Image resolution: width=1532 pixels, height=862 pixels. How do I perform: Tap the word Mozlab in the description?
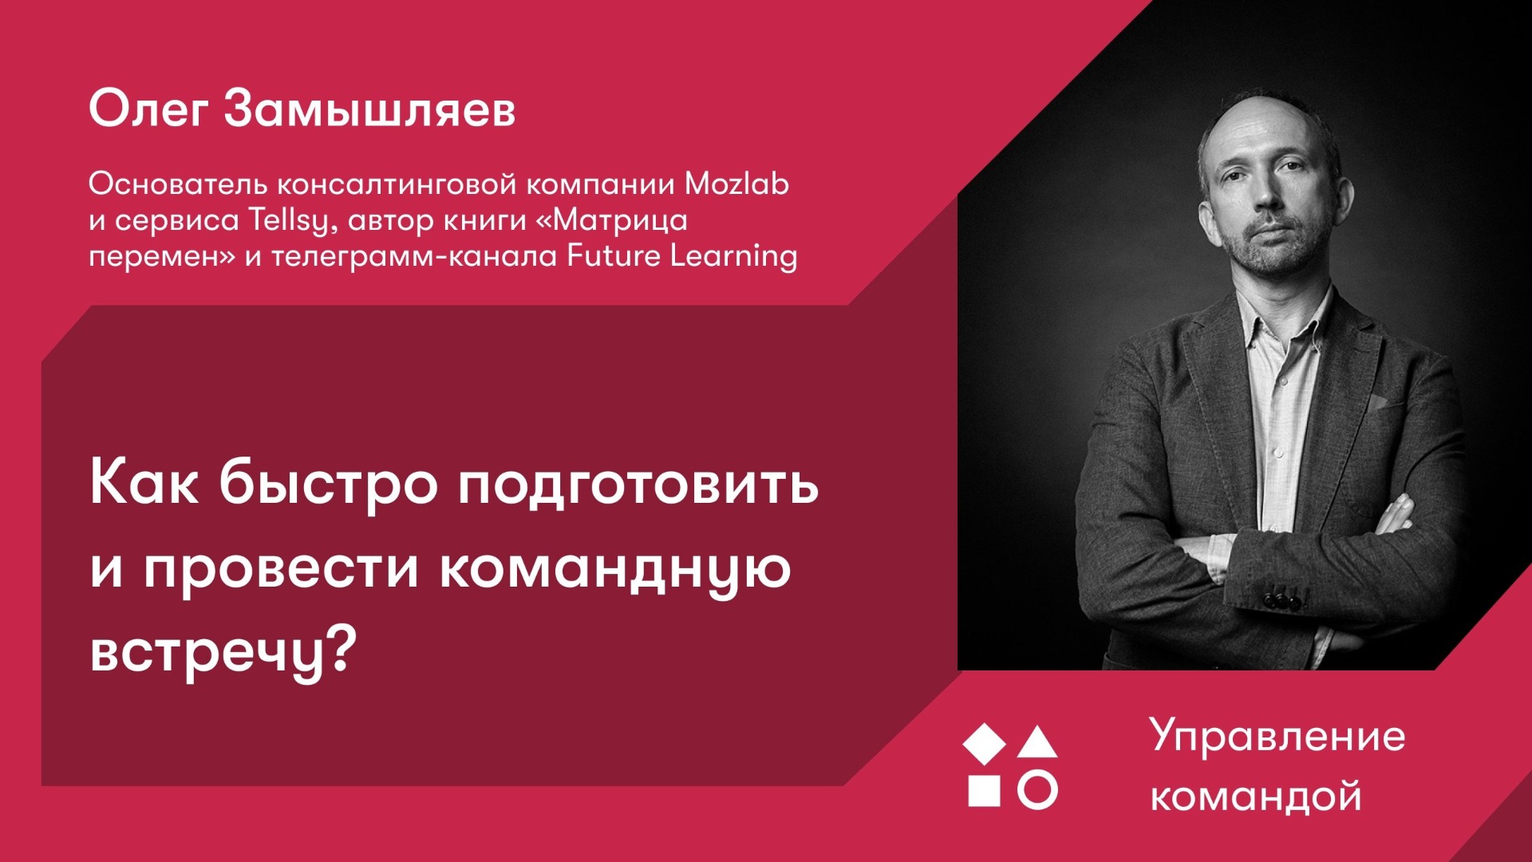tap(736, 184)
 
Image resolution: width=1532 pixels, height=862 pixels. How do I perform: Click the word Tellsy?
tap(287, 220)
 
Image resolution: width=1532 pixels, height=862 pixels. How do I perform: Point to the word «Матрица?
tap(611, 220)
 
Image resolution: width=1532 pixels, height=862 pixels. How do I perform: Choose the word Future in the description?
tap(614, 256)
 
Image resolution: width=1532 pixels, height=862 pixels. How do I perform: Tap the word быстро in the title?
tap(328, 483)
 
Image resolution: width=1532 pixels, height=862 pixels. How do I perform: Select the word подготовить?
tap(638, 484)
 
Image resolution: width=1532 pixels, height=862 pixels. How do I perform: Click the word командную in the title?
tap(615, 568)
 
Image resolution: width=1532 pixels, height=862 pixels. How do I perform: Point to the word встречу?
tap(222, 652)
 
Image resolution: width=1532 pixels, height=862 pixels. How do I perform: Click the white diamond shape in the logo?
tap(985, 743)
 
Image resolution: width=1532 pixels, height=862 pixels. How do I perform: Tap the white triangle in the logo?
tap(1037, 743)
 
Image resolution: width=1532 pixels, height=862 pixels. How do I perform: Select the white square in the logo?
tap(984, 790)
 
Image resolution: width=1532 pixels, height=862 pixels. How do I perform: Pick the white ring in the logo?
tap(1037, 790)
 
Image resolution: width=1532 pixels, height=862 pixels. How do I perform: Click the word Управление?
tap(1277, 737)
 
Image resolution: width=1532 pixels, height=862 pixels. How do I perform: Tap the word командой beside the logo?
tap(1256, 797)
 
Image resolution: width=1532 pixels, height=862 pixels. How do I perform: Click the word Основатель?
tap(178, 184)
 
